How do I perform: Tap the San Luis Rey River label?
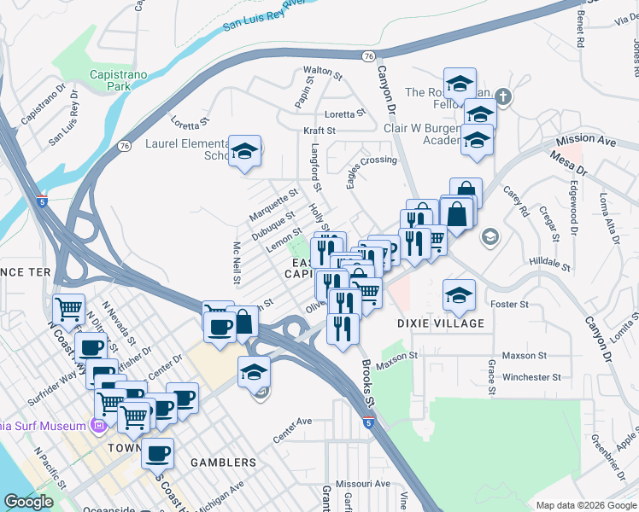(x=264, y=16)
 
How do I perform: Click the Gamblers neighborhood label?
(x=218, y=463)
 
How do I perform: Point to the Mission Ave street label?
(x=586, y=139)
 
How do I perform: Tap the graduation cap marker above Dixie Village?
(x=459, y=295)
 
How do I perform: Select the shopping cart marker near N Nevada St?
(x=67, y=308)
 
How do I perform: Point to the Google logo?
(x=28, y=502)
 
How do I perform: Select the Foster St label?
(x=510, y=304)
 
